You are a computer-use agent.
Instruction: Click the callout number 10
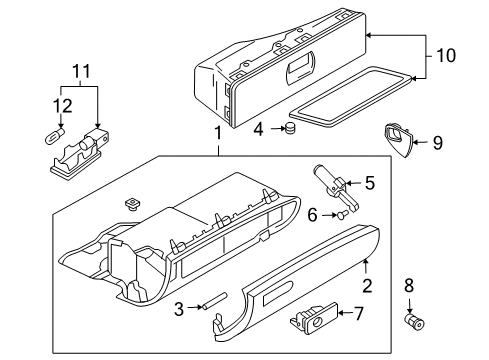(x=446, y=55)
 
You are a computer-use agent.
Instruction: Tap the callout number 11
(x=82, y=71)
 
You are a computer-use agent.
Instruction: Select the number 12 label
(x=62, y=106)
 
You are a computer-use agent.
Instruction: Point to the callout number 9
(x=438, y=143)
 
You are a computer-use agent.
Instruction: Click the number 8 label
(x=409, y=285)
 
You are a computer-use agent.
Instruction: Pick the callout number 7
(x=358, y=313)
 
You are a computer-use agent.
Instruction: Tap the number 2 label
(x=367, y=285)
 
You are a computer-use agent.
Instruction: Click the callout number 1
(x=218, y=133)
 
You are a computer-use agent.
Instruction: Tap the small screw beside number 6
(x=343, y=215)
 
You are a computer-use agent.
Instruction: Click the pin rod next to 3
(x=214, y=301)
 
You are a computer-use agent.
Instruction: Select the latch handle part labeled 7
(x=314, y=317)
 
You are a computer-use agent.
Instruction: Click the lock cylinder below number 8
(x=415, y=321)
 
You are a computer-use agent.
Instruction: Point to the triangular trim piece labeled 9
(x=399, y=139)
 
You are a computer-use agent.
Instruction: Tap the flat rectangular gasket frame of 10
(x=352, y=97)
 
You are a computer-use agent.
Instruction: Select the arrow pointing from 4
(x=278, y=128)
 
